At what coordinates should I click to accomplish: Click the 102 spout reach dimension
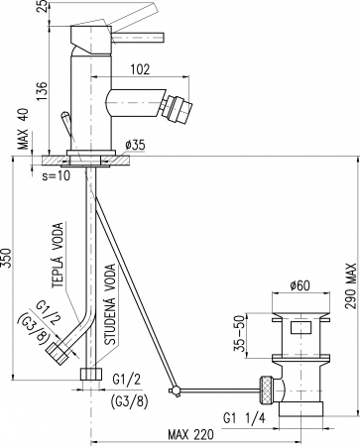tap(140, 69)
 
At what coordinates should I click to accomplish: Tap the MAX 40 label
tap(24, 129)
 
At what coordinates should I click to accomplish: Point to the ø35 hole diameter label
tap(135, 145)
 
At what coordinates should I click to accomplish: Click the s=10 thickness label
tap(57, 175)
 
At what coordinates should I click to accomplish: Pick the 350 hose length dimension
tap(7, 258)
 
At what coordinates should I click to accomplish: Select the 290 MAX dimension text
tap(351, 285)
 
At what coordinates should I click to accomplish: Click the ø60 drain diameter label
tap(300, 285)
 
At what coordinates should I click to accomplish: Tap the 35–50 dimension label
tap(240, 335)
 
